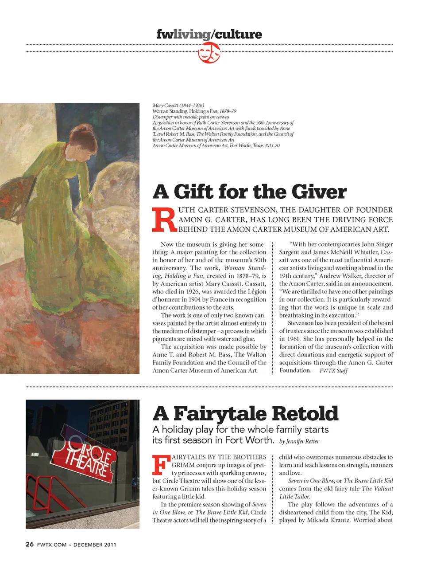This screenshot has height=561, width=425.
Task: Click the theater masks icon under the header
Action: point(209,54)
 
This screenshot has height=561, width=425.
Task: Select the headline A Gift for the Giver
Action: point(249,192)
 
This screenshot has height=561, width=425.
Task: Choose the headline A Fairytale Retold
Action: point(245,413)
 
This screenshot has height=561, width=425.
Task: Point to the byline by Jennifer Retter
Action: point(299,441)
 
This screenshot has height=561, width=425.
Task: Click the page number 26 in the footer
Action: point(30,544)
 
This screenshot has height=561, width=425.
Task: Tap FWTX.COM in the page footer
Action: point(52,545)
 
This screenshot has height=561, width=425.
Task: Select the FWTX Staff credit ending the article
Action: point(333,371)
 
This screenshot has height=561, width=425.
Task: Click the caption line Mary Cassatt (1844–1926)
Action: point(178,106)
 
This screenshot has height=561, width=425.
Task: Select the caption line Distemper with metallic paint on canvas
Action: point(191,117)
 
